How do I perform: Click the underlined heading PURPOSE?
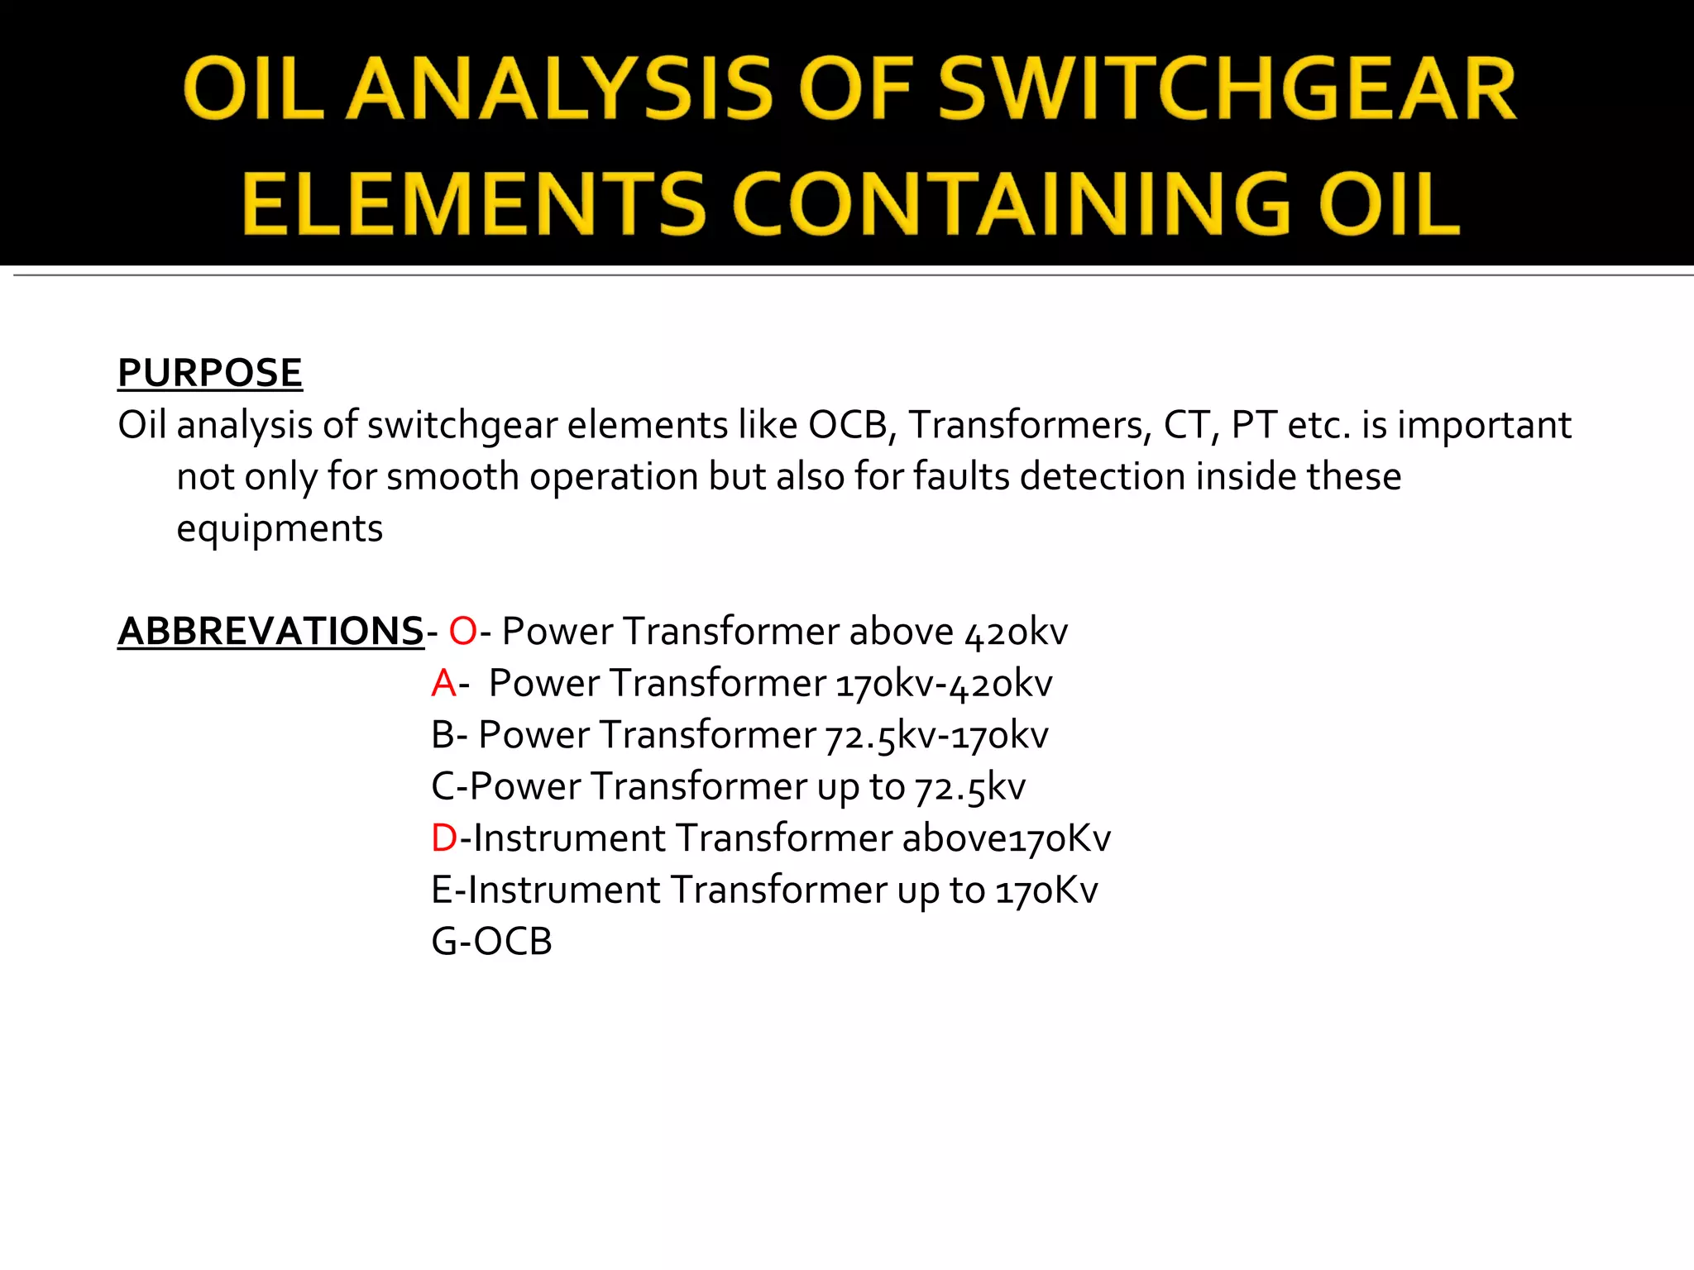point(210,373)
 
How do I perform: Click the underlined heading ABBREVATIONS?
point(270,632)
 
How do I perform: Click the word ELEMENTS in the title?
point(474,204)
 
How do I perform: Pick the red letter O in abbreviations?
point(462,632)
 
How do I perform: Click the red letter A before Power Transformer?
point(443,684)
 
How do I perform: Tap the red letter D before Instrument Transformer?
point(444,838)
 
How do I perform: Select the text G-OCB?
point(491,942)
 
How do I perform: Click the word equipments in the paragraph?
point(280,529)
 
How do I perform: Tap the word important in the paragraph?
point(1484,425)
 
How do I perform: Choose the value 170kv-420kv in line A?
point(944,685)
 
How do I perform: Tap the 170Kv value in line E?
point(1046,890)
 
